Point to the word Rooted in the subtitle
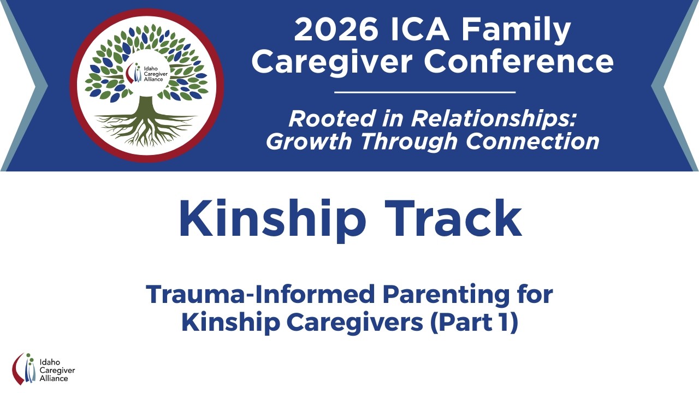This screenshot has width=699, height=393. point(323,118)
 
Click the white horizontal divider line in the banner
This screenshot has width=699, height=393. point(425,92)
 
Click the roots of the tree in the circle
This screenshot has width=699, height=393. point(146,128)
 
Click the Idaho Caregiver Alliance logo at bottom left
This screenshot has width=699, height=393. point(43,368)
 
